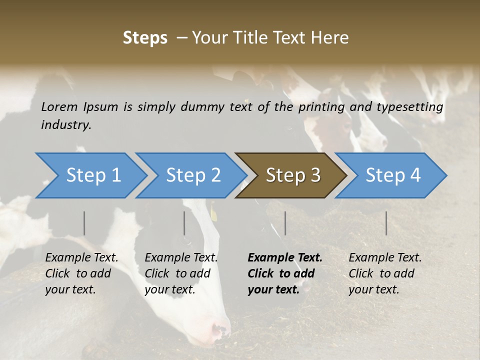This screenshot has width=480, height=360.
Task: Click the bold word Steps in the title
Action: click(x=145, y=37)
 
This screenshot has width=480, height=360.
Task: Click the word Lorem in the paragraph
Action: click(x=59, y=106)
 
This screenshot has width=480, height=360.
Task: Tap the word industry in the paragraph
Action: click(x=66, y=125)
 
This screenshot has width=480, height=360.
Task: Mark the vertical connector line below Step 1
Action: click(x=84, y=223)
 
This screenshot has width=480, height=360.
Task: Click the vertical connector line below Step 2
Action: click(x=184, y=223)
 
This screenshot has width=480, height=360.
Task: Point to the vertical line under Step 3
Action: click(x=285, y=223)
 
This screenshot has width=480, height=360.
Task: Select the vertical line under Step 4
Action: click(x=386, y=223)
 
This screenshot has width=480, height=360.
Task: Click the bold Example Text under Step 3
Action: click(x=285, y=258)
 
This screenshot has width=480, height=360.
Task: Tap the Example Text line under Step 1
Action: click(x=81, y=258)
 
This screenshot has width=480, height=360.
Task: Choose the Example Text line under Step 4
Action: click(x=385, y=258)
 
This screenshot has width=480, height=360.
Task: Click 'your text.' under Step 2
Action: click(x=170, y=289)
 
